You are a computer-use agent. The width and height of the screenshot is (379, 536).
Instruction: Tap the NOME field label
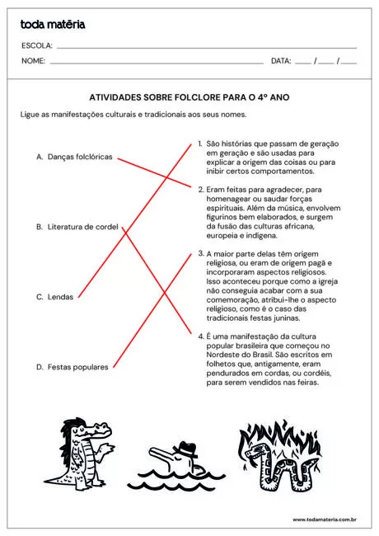[33, 61]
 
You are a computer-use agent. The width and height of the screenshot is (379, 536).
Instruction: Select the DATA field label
[281, 61]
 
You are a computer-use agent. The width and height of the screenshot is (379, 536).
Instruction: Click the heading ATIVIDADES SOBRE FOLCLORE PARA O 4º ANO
[189, 96]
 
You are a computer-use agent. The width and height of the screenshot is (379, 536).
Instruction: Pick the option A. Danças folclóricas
[74, 157]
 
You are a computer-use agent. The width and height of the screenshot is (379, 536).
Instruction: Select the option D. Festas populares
[72, 367]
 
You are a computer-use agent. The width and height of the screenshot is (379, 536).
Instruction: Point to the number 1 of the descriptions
[200, 143]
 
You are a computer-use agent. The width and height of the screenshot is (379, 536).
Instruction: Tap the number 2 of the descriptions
[200, 189]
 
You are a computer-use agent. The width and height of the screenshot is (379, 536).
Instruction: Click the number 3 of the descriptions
[200, 254]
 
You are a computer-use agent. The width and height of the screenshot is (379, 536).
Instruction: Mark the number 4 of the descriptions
[200, 336]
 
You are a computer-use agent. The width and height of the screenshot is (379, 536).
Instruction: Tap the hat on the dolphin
[188, 449]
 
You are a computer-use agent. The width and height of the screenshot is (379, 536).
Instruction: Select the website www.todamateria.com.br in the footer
[324, 520]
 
